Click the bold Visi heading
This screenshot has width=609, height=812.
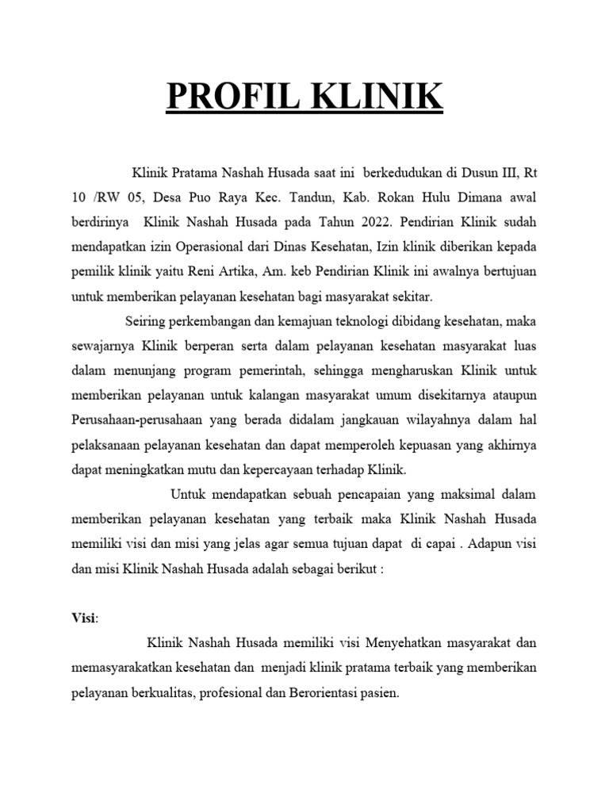(x=82, y=619)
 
